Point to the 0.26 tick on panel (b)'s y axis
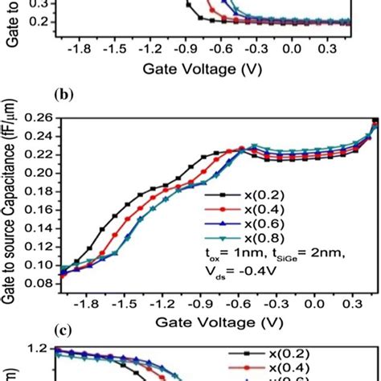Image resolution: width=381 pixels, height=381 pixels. click(x=44, y=119)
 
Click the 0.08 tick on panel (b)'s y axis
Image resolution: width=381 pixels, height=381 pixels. click(x=44, y=283)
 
